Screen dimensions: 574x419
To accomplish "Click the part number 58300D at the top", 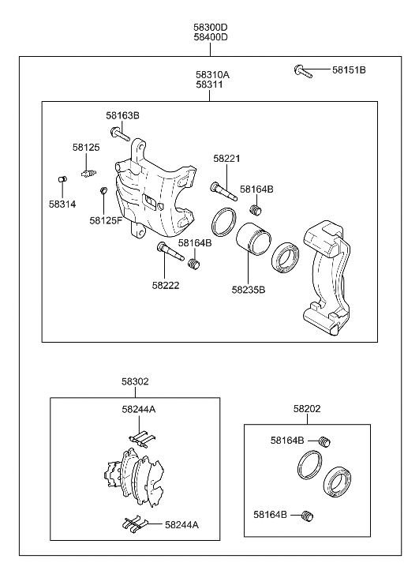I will (210, 26).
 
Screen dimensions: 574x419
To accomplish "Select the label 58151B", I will (349, 70).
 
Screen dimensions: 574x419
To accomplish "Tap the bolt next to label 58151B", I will (302, 71).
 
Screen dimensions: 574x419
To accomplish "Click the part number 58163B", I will (122, 115).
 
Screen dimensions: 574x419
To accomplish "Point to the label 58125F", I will (106, 220).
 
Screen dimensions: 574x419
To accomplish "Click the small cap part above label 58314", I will (62, 180).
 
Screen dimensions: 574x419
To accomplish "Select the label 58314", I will (62, 203).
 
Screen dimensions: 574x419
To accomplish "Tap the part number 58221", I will (226, 159).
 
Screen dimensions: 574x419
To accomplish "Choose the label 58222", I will (166, 285).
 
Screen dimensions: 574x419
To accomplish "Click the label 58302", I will (135, 381).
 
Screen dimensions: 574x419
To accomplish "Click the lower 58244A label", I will (181, 524).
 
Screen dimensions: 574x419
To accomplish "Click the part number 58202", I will (307, 409).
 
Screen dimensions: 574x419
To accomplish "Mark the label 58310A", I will (212, 74).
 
